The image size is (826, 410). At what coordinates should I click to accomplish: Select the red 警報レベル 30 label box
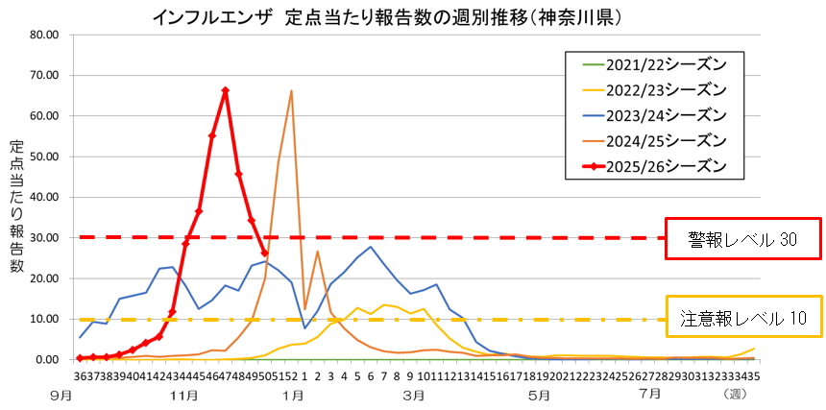point(742,236)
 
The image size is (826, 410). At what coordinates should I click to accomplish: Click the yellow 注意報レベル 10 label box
point(742,316)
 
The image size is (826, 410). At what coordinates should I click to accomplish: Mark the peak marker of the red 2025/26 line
point(225,90)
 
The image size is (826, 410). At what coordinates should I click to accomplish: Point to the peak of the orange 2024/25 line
point(291,91)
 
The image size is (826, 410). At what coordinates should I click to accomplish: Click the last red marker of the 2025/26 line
point(265,253)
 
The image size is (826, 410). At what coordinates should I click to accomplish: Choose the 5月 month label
point(539,394)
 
